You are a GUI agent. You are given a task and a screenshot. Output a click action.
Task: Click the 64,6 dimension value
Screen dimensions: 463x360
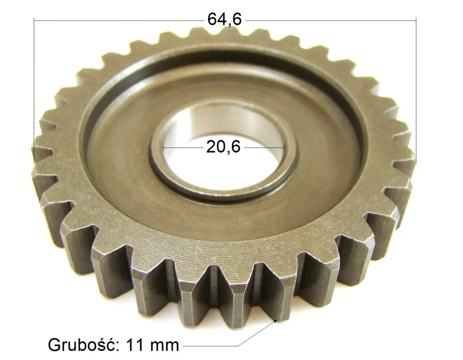click(225, 19)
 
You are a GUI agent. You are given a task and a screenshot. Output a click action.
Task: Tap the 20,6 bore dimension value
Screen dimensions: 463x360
click(223, 147)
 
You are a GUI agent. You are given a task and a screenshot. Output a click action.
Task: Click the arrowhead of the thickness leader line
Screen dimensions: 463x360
click(276, 321)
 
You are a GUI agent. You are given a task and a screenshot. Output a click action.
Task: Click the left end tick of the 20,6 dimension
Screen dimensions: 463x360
click(163, 147)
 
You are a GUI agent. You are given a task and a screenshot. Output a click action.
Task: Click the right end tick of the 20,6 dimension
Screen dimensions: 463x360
click(284, 147)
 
